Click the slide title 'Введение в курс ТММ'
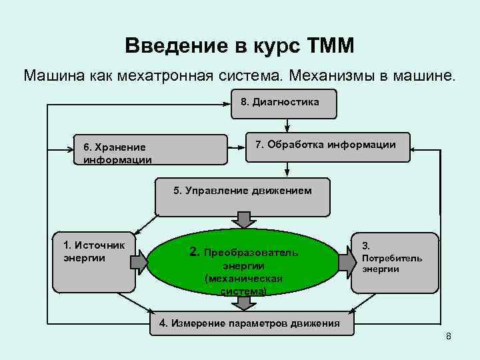pyautogui.click(x=239, y=46)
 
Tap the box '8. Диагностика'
pyautogui.click(x=283, y=103)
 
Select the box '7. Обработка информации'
pyautogui.click(x=325, y=146)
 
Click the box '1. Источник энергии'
pyautogui.click(x=93, y=262)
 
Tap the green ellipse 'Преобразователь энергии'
pyautogui.click(x=243, y=264)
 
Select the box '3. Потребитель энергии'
pyautogui.click(x=395, y=262)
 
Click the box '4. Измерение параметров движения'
pyautogui.click(x=249, y=324)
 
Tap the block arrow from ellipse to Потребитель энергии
pyautogui.click(x=347, y=262)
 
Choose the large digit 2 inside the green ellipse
pyautogui.click(x=194, y=252)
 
